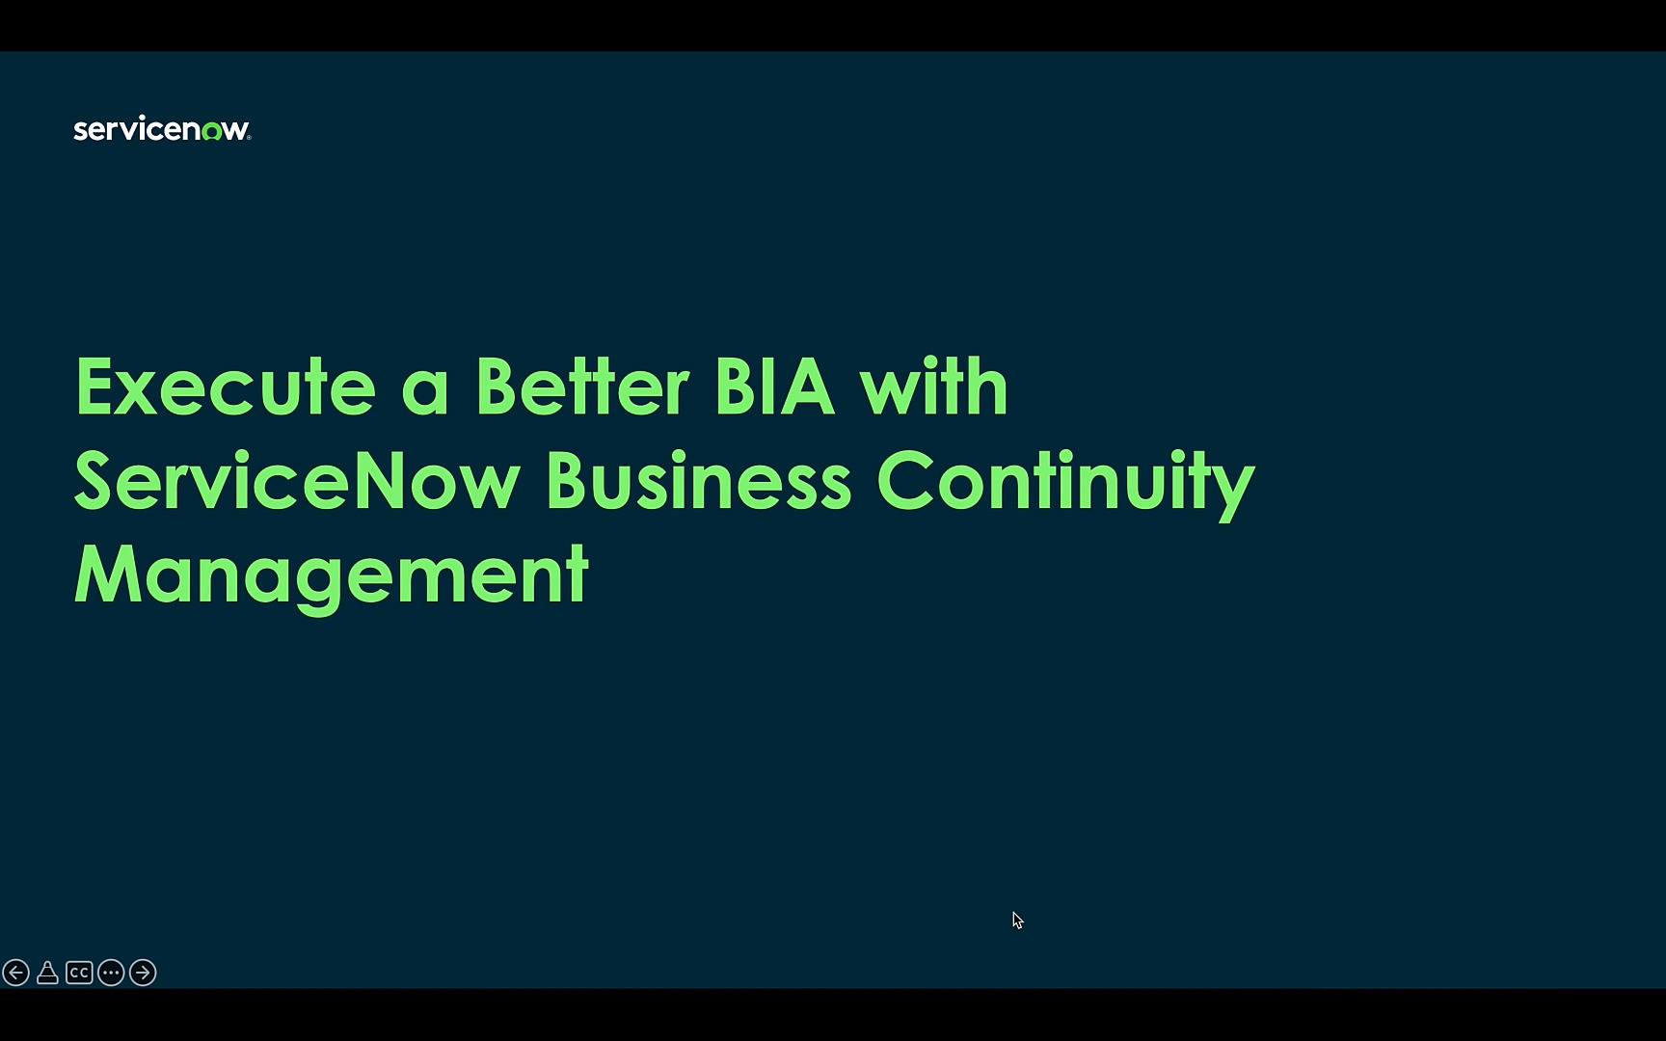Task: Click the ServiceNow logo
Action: pos(162,129)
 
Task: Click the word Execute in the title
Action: pos(226,387)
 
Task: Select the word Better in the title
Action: pos(582,387)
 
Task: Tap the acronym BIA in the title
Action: pos(773,387)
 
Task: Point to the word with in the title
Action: pos(934,387)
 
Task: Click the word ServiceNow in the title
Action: pos(297,480)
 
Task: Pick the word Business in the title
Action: pos(699,480)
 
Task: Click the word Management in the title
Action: pos(331,576)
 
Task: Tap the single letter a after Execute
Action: pos(425,395)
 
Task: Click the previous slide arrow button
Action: pos(15,973)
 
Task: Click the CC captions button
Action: pos(79,973)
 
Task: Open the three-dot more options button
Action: pos(111,973)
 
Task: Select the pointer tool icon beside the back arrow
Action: pos(47,973)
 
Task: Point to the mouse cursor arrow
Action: pos(1017,921)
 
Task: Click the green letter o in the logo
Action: pos(211,132)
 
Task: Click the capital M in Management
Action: pos(108,574)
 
